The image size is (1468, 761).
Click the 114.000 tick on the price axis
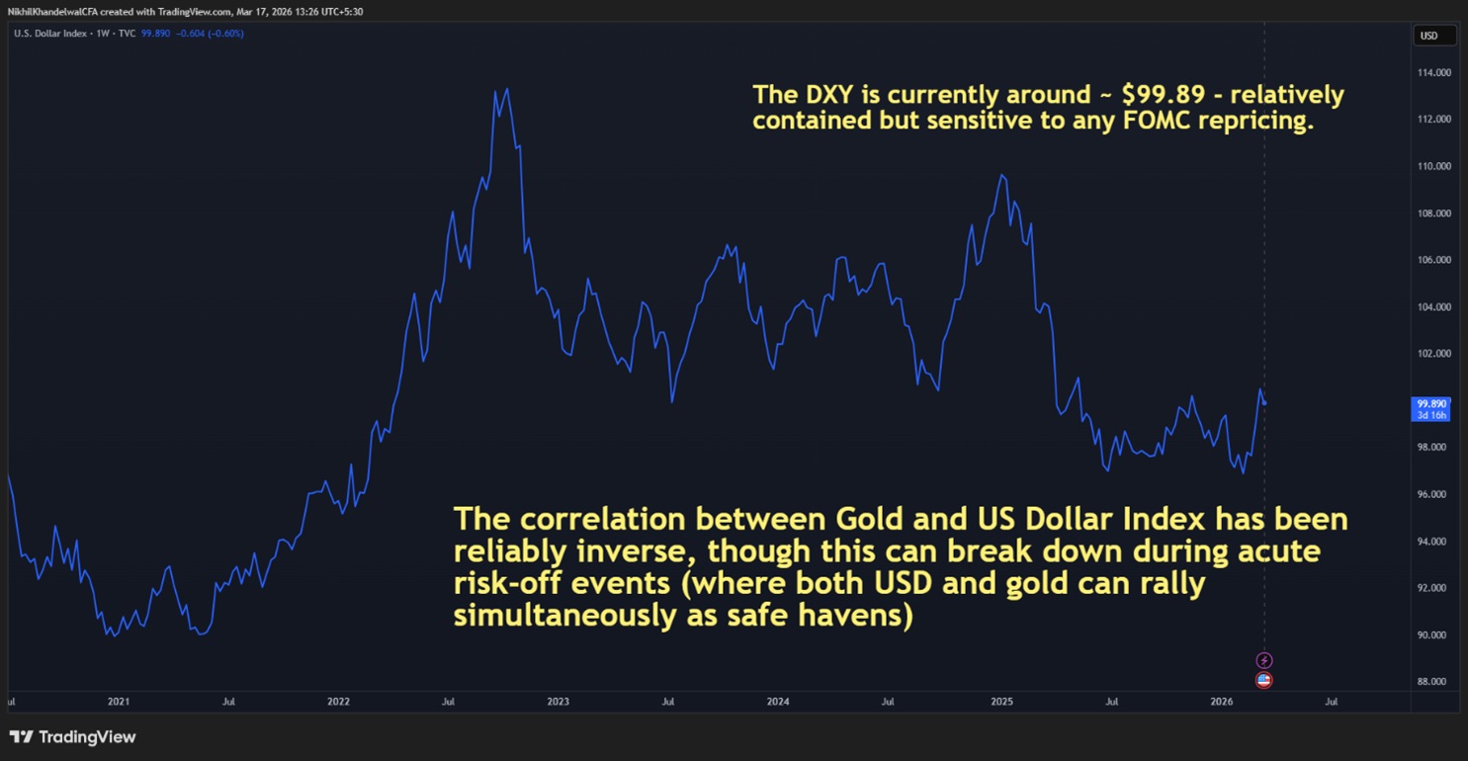[x=1435, y=73]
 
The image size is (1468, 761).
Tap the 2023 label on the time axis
[x=558, y=702]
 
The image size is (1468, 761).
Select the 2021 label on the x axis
[x=118, y=702]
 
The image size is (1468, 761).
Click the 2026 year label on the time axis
[x=1221, y=702]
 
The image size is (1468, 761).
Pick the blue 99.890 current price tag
[x=1431, y=403]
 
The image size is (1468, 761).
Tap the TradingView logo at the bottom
[x=72, y=737]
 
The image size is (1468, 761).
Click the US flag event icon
[x=1263, y=680]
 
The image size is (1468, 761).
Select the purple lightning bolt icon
[x=1263, y=660]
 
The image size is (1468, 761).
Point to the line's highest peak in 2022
[x=507, y=89]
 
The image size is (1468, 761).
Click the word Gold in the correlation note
[x=870, y=520]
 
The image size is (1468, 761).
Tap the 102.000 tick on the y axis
[x=1435, y=354]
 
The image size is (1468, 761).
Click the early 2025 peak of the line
[x=1002, y=175]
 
